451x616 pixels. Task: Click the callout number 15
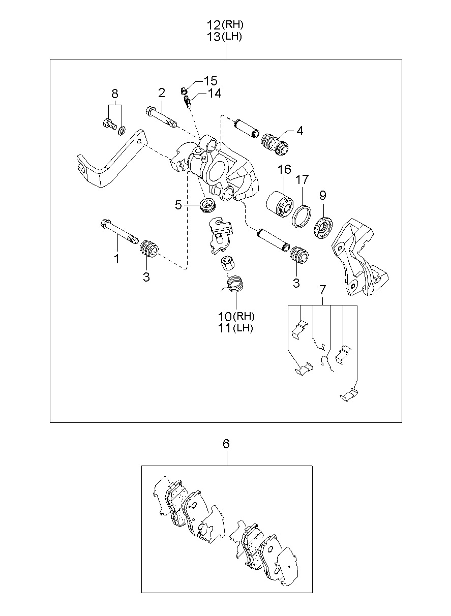tap(211, 81)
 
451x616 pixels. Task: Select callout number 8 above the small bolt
tap(115, 94)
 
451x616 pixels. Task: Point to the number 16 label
tap(284, 169)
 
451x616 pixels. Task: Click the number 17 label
tap(302, 179)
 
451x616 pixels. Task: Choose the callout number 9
tap(322, 195)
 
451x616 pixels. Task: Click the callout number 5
tap(178, 205)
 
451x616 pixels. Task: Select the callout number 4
tap(299, 131)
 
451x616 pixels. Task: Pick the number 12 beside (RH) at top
tap(214, 25)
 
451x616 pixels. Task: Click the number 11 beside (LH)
tap(225, 328)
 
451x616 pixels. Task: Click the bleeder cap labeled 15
tap(184, 89)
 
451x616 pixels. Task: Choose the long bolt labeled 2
tap(161, 118)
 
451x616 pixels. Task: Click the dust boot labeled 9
tap(324, 228)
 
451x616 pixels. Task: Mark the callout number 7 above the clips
tap(322, 290)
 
